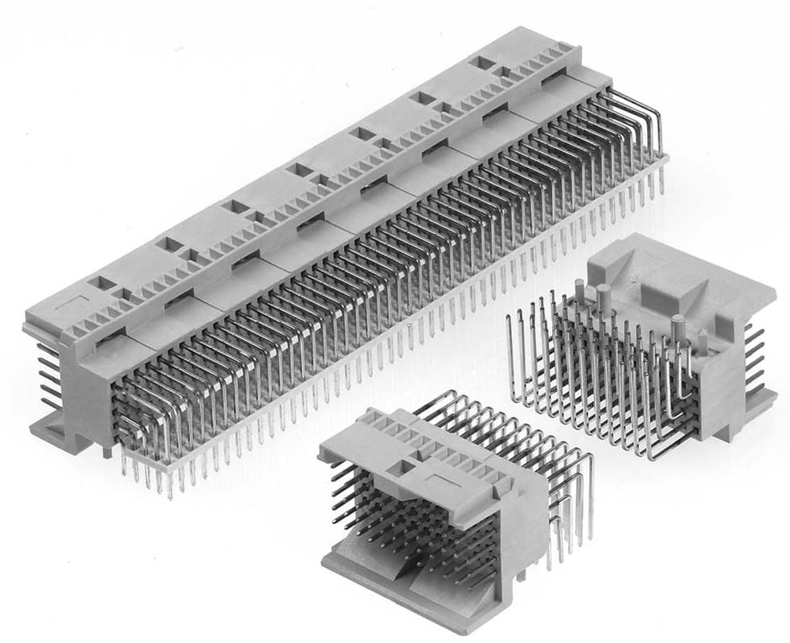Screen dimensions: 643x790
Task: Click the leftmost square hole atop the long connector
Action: coord(103,283)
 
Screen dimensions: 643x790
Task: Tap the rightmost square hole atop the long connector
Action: coord(482,62)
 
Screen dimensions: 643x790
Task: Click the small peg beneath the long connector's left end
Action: coord(106,452)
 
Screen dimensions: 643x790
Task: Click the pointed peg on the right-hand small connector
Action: coord(704,342)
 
